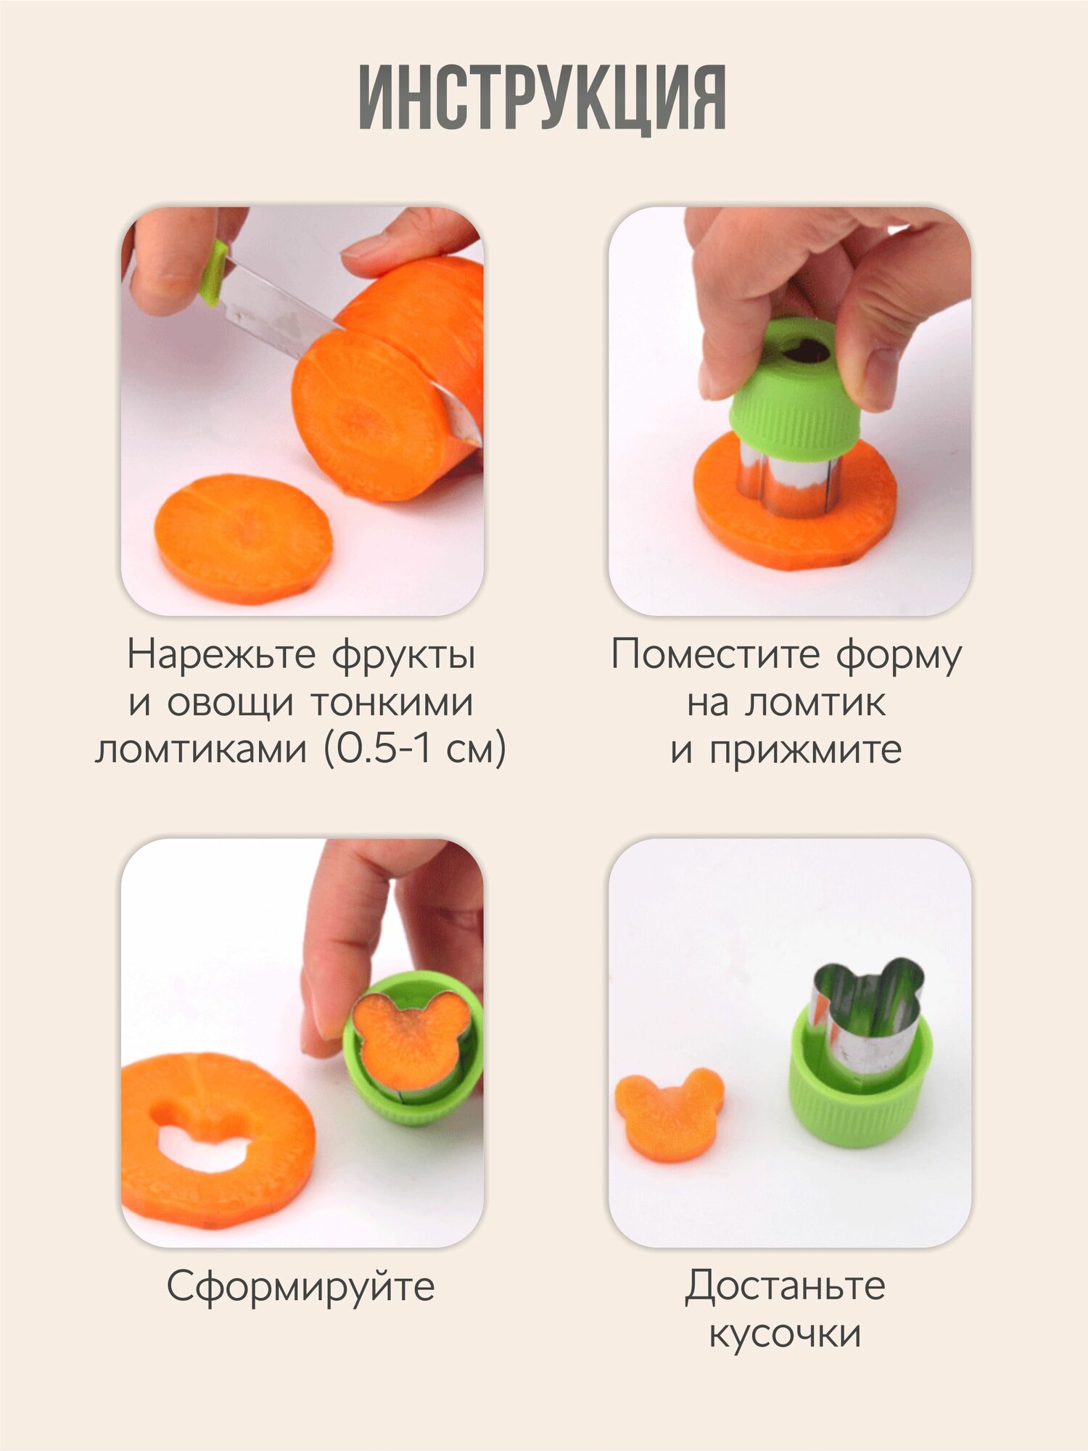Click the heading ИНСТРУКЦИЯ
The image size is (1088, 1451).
click(543, 98)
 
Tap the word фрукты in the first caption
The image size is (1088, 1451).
click(403, 655)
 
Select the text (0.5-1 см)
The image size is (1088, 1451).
click(415, 749)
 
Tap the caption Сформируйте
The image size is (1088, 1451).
click(300, 1287)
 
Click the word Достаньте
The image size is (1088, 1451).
click(786, 1286)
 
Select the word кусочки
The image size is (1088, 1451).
click(786, 1333)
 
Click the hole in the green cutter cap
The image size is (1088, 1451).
click(807, 351)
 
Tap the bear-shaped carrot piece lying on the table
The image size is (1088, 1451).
click(669, 1114)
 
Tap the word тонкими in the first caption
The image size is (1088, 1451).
click(392, 702)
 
